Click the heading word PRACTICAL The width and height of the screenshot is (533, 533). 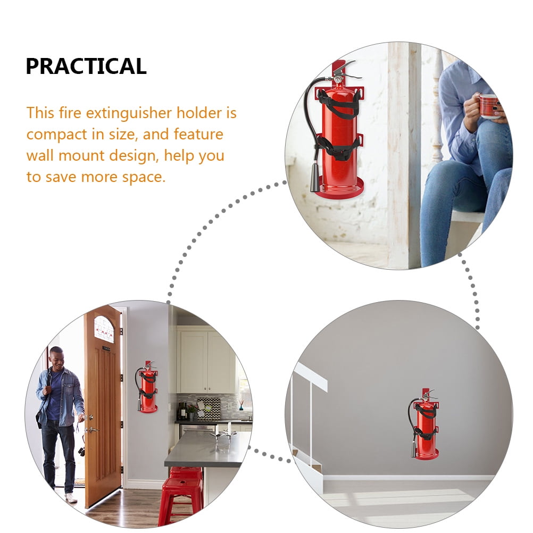pos(86,66)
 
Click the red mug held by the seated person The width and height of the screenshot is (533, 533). pos(488,105)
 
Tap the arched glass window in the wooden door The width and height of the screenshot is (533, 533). pos(104,329)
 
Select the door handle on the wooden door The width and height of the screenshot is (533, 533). pos(90,429)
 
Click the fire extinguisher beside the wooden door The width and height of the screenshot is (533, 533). pos(147,388)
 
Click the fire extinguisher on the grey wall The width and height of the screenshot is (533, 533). pos(426,426)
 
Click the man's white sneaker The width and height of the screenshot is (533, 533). pos(70,498)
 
